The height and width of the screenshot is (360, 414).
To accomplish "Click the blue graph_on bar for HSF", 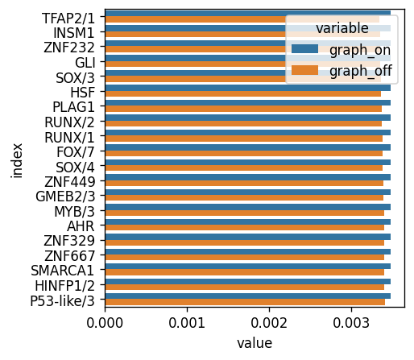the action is click(x=247, y=88).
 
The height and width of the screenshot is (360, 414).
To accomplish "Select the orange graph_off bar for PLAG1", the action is click(x=243, y=109).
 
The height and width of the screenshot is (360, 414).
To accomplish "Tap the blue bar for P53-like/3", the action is click(x=247, y=296).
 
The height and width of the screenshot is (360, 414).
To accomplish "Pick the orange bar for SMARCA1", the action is click(x=244, y=272).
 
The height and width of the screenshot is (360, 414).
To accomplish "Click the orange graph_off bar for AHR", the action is click(x=244, y=228).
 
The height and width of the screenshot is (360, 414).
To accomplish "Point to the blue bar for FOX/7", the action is click(x=247, y=147).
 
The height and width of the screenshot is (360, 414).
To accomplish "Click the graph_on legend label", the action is click(x=360, y=50).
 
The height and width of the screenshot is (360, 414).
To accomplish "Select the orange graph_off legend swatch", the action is click(x=304, y=70).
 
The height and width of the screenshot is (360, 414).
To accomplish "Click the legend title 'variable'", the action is click(x=342, y=28).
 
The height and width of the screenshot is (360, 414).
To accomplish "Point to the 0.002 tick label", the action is click(x=269, y=323).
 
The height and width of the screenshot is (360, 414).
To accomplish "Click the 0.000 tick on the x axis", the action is click(x=105, y=308).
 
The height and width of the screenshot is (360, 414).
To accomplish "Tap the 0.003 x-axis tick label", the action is click(x=351, y=323).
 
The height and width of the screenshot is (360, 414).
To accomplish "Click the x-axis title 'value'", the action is click(x=255, y=343).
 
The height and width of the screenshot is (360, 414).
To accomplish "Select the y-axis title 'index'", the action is click(x=17, y=161).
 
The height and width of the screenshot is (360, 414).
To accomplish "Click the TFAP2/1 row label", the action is click(x=68, y=19).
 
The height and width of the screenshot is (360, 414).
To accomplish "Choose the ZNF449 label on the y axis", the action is click(x=70, y=182).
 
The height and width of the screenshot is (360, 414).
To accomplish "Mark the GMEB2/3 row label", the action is click(x=65, y=197).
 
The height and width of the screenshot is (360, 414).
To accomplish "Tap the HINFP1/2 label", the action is click(x=65, y=286).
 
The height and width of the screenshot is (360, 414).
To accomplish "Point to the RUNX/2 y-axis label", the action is click(x=69, y=122).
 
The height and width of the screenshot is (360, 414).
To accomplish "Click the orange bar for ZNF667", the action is click(x=244, y=258).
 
